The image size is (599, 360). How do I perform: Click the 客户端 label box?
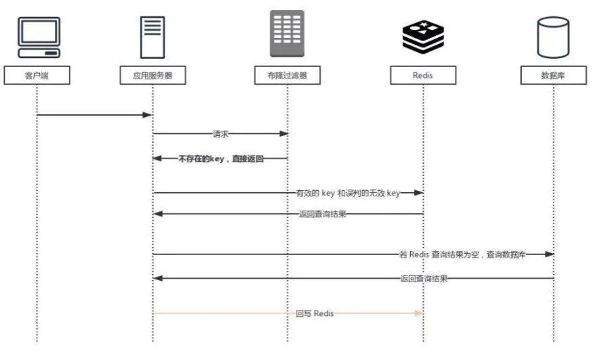[37, 75]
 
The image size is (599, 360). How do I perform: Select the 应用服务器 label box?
[152, 75]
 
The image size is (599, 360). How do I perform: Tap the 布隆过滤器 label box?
[287, 75]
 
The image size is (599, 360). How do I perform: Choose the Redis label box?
[422, 75]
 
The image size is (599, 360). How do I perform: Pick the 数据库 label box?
[553, 75]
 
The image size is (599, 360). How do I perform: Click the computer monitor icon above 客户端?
[38, 38]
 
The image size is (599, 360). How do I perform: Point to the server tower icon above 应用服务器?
[152, 37]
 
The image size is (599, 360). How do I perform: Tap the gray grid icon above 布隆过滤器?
[287, 34]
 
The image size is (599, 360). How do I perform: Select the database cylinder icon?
[553, 37]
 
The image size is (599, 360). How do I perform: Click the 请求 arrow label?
[221, 134]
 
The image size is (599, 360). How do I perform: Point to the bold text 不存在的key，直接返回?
[220, 158]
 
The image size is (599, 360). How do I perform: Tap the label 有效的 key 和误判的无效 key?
[348, 193]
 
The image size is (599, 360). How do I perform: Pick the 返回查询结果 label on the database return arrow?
[424, 278]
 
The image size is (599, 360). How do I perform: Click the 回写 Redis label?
[315, 313]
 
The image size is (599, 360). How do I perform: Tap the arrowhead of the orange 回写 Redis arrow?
[419, 313]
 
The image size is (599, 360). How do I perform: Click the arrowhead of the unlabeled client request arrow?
[148, 115]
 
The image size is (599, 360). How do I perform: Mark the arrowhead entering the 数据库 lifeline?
[550, 254]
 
